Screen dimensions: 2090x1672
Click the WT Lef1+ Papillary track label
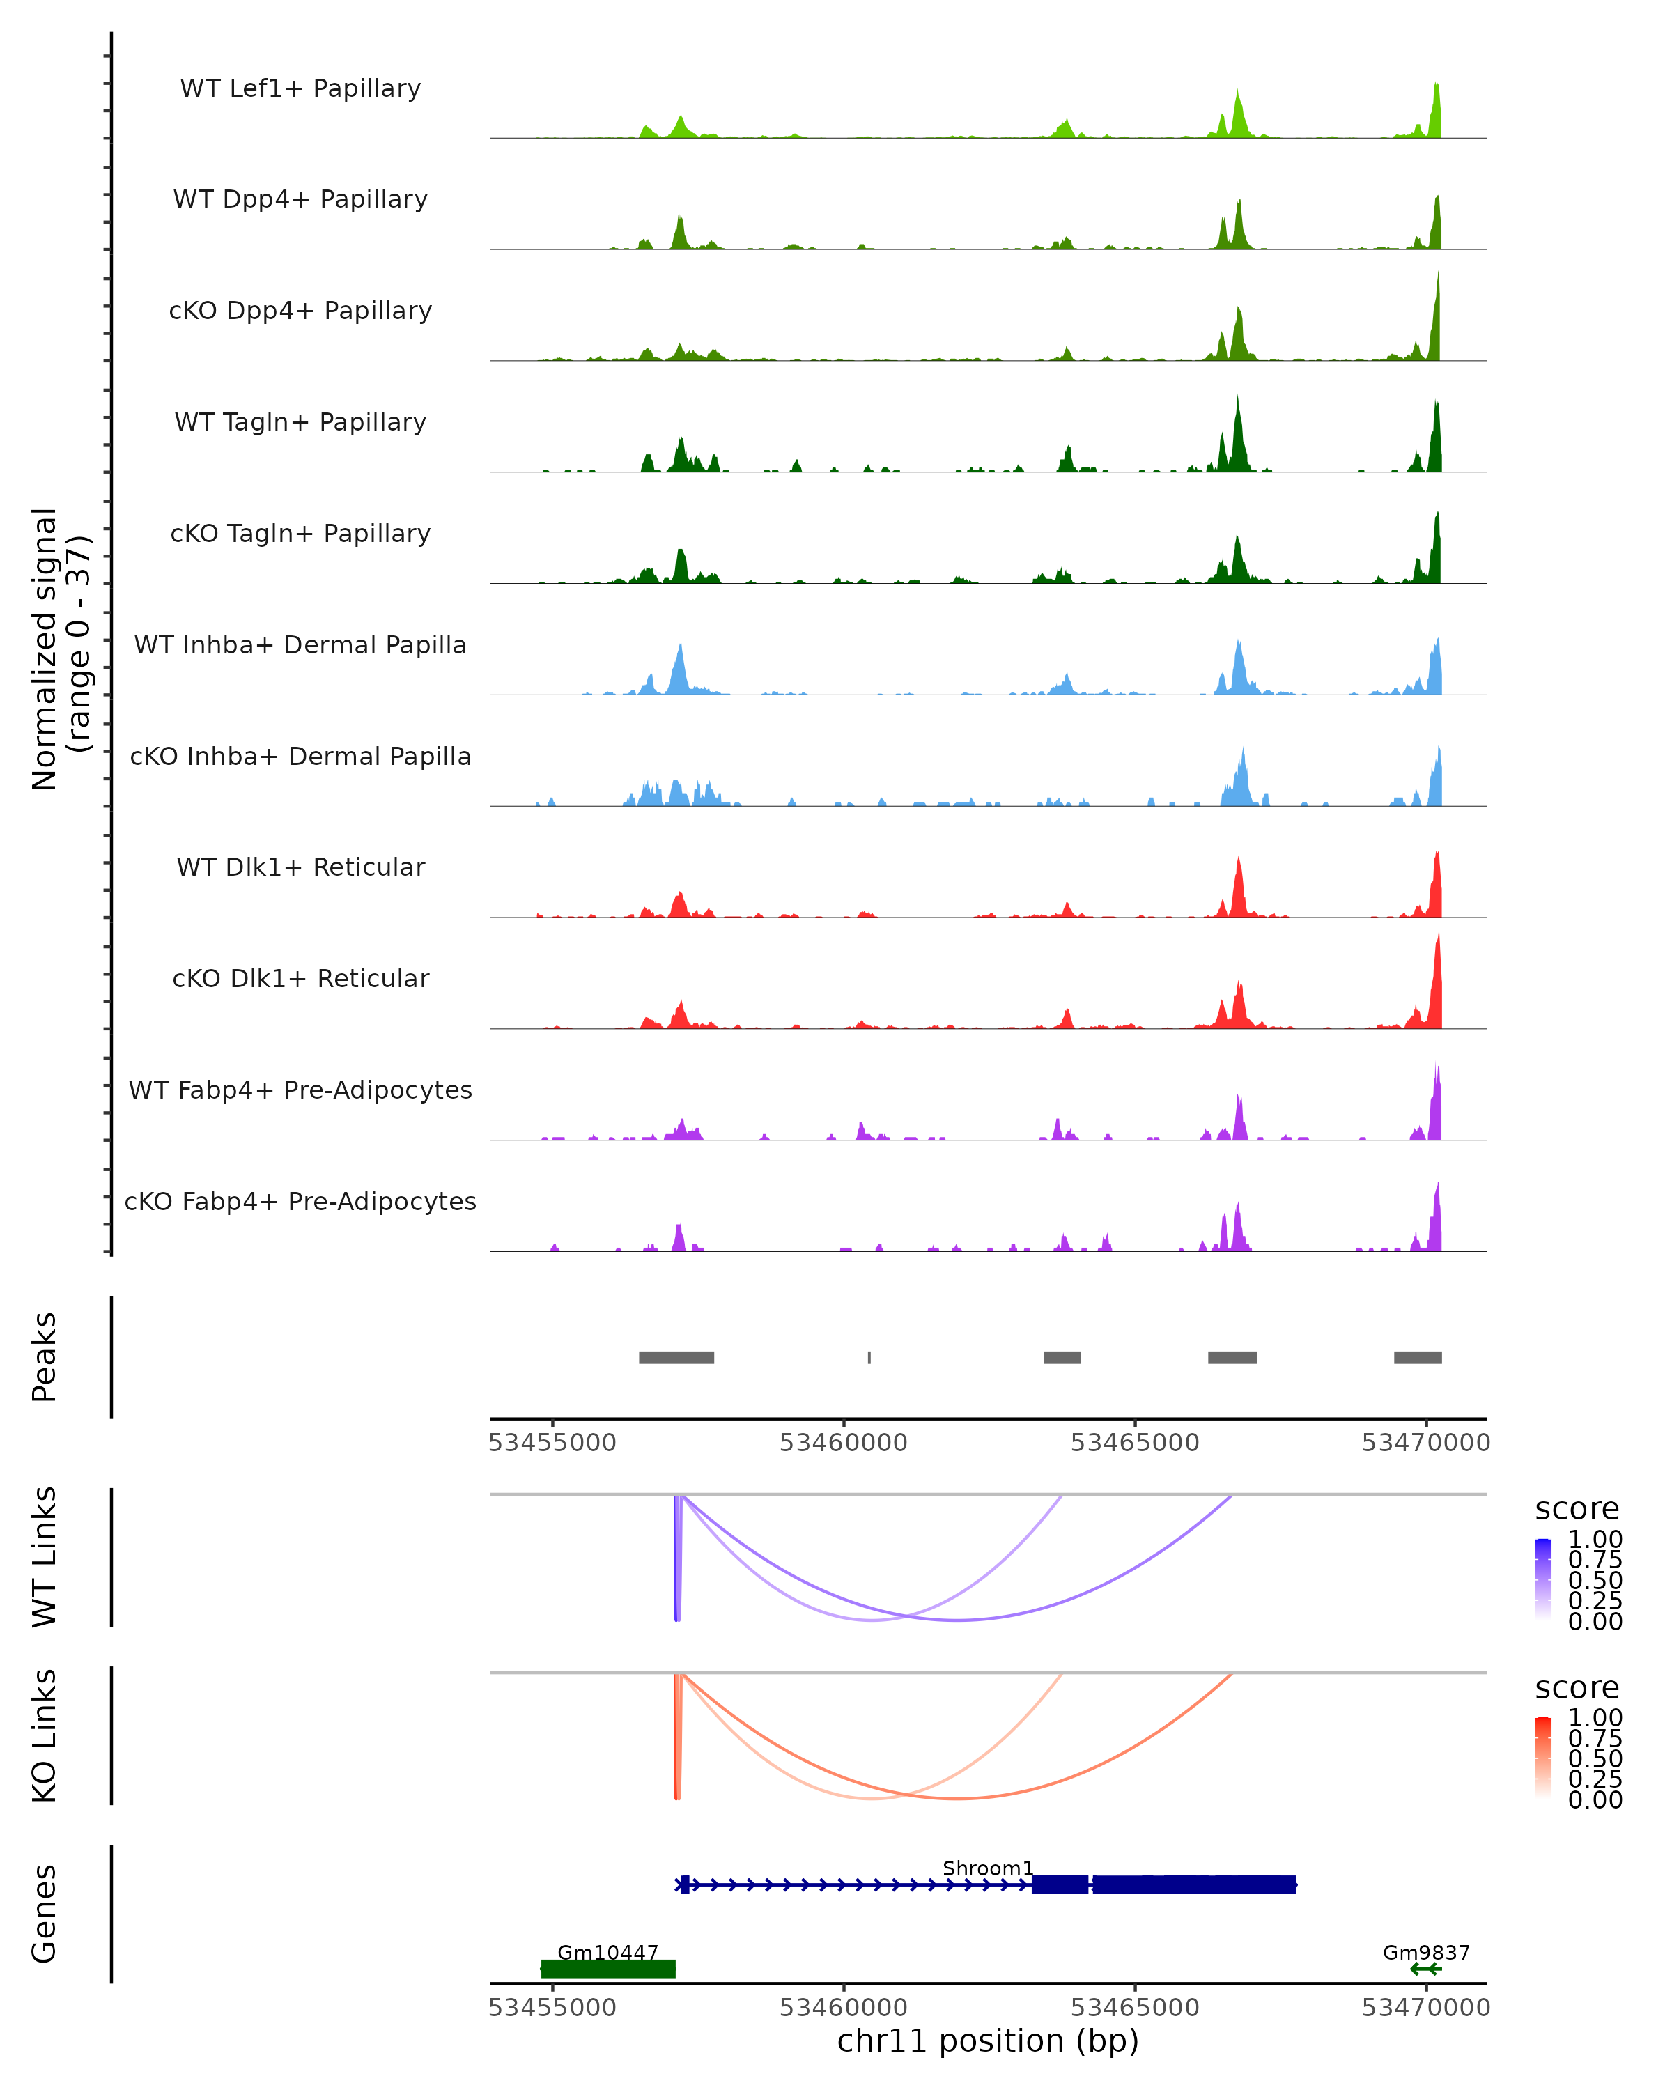pyautogui.click(x=300, y=88)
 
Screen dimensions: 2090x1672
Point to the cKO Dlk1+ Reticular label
pyautogui.click(x=300, y=978)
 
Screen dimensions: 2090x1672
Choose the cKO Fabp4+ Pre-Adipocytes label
pyautogui.click(x=300, y=1201)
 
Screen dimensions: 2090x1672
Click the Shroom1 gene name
pyautogui.click(x=988, y=1868)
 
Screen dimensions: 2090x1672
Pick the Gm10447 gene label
pyautogui.click(x=607, y=1952)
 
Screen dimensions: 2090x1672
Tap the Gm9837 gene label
pyautogui.click(x=1426, y=1952)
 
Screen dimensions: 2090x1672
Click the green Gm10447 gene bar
pyautogui.click(x=607, y=1969)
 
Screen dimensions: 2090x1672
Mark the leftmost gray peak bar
pyautogui.click(x=676, y=1357)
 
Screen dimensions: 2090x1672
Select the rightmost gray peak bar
pyautogui.click(x=1417, y=1357)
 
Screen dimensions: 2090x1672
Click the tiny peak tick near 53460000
pyautogui.click(x=869, y=1357)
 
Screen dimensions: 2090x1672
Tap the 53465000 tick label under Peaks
pyautogui.click(x=1135, y=1443)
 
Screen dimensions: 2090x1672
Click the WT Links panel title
pyautogui.click(x=45, y=1557)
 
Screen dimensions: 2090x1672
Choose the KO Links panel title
pyautogui.click(x=45, y=1735)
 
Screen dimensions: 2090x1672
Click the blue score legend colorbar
pyautogui.click(x=1543, y=1577)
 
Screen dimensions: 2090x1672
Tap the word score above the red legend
pyautogui.click(x=1577, y=1688)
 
